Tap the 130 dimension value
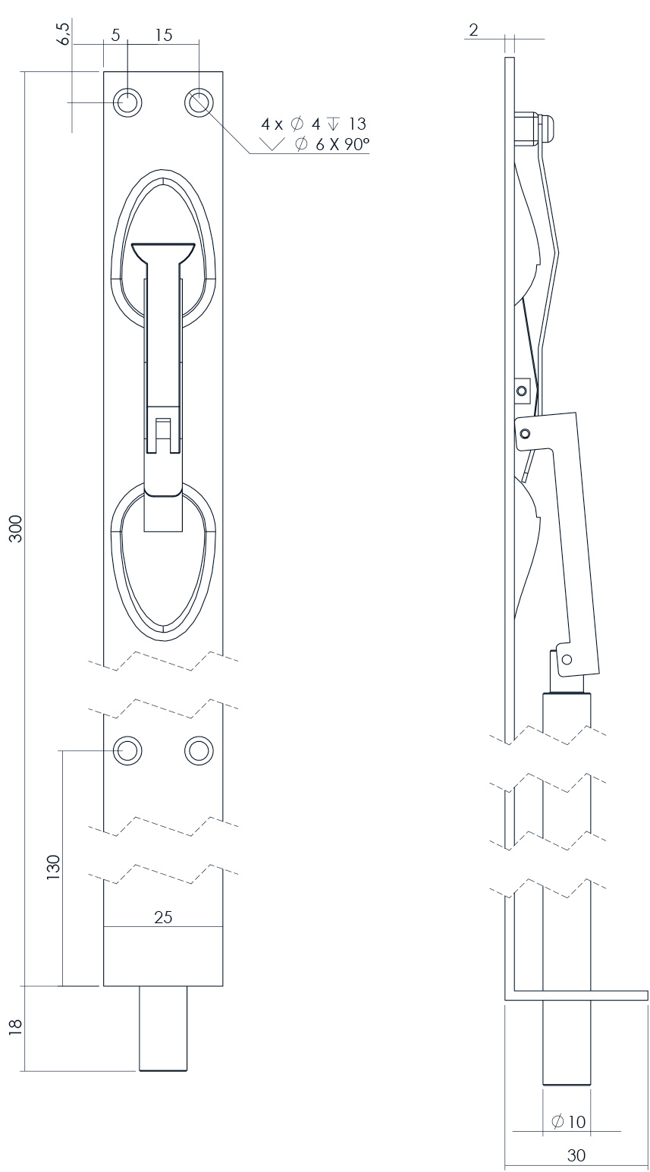pos(52,867)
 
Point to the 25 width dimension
pos(163,917)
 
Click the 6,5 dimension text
pos(64,34)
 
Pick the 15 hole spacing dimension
pos(162,35)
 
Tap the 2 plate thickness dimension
pos(473,30)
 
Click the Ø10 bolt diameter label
pos(569,1121)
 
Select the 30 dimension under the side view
pos(576,1155)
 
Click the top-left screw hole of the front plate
pos(127,102)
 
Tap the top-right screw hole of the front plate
pos(199,102)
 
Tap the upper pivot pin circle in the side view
pos(521,391)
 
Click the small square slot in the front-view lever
pos(162,429)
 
